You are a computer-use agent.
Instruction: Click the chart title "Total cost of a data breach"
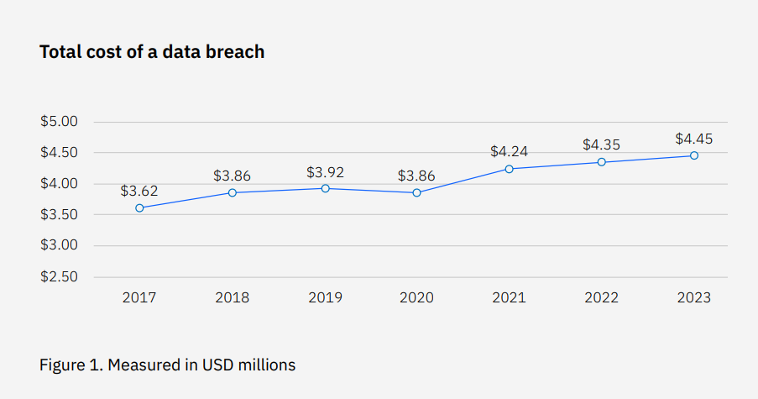(152, 52)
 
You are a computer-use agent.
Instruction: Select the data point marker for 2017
(139, 207)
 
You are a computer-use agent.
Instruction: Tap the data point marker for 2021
(509, 169)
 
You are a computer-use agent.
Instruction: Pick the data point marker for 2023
(694, 155)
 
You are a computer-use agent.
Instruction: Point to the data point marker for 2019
(325, 188)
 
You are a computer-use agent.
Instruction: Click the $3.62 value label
(139, 191)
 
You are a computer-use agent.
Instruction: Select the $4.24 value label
(509, 152)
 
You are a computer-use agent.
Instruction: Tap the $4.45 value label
(694, 139)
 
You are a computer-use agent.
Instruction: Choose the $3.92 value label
(325, 172)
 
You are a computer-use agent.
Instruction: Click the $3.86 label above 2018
(232, 176)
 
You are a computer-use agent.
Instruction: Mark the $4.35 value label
(602, 145)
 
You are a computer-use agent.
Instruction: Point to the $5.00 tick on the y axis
(59, 122)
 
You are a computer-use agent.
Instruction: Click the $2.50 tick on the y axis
(59, 277)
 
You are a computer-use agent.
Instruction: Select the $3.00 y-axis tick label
(59, 246)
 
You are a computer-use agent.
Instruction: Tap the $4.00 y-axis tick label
(59, 184)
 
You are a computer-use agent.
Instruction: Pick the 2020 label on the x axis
(416, 298)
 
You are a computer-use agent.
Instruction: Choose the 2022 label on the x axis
(602, 298)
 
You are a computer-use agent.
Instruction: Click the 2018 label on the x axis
(232, 298)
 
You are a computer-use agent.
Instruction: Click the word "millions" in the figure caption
(266, 365)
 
